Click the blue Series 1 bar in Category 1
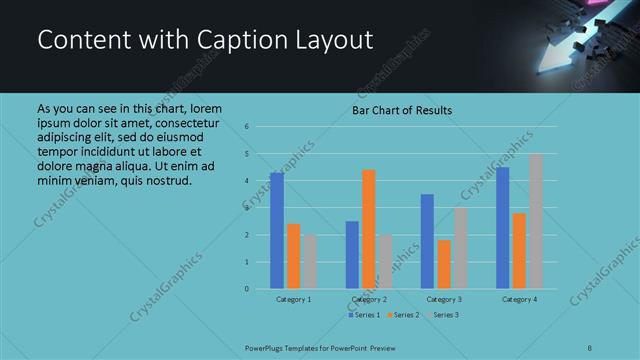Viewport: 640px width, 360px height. tap(277, 231)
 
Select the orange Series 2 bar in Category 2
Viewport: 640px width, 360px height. tap(368, 229)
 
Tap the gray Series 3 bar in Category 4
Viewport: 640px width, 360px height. tap(536, 221)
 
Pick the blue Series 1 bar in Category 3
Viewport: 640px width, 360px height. tap(427, 241)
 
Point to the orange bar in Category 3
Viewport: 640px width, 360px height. tap(444, 264)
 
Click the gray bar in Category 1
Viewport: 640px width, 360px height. tap(310, 262)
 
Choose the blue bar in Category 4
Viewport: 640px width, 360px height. tap(502, 228)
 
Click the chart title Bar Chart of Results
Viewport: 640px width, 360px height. tap(402, 110)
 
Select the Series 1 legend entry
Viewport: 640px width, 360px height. tap(364, 315)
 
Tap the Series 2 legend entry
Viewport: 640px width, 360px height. tap(402, 315)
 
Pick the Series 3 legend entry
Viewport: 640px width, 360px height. tap(441, 315)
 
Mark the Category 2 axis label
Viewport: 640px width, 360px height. tap(369, 299)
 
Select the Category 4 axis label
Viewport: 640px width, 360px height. tap(519, 299)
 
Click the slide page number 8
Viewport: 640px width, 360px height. tap(590, 347)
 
